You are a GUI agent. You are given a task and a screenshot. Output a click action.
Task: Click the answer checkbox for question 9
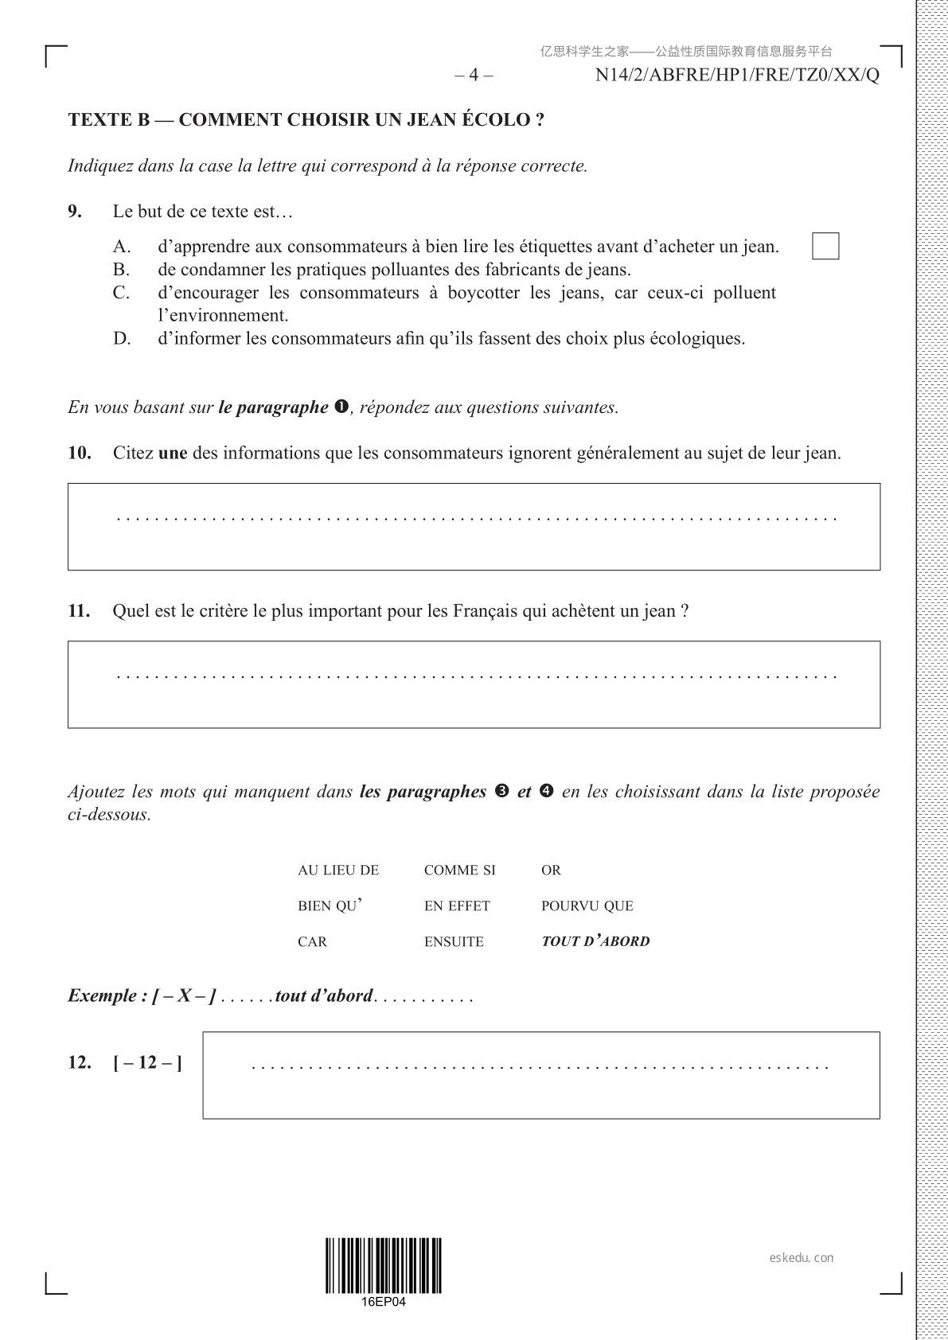point(825,246)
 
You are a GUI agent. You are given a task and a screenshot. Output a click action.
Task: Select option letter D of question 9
point(121,339)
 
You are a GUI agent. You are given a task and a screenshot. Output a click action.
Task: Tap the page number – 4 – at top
point(474,76)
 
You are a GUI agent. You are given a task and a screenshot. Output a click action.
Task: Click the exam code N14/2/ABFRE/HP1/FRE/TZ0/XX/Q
point(737,76)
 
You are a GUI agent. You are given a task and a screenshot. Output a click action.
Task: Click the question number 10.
point(79,454)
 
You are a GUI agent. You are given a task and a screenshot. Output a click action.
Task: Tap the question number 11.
point(79,611)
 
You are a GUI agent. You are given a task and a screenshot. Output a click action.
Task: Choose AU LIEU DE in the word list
point(338,871)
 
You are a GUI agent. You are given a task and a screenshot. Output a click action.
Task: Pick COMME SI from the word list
point(459,871)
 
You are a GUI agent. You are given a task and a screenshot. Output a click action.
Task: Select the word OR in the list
point(551,871)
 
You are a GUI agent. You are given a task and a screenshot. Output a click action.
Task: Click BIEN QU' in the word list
point(330,906)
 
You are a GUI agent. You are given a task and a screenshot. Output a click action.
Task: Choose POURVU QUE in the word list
point(587,906)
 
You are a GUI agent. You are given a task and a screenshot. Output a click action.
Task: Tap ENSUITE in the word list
point(454,942)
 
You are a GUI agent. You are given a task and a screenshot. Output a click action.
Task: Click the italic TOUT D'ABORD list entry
point(595,942)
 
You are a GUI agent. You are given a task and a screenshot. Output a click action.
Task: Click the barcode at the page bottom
point(383,1266)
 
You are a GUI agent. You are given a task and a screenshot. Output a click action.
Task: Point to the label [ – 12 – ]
point(147,1063)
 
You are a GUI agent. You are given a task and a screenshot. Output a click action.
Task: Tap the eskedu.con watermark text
point(802,1258)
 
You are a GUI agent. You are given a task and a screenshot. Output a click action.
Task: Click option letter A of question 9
point(121,247)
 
